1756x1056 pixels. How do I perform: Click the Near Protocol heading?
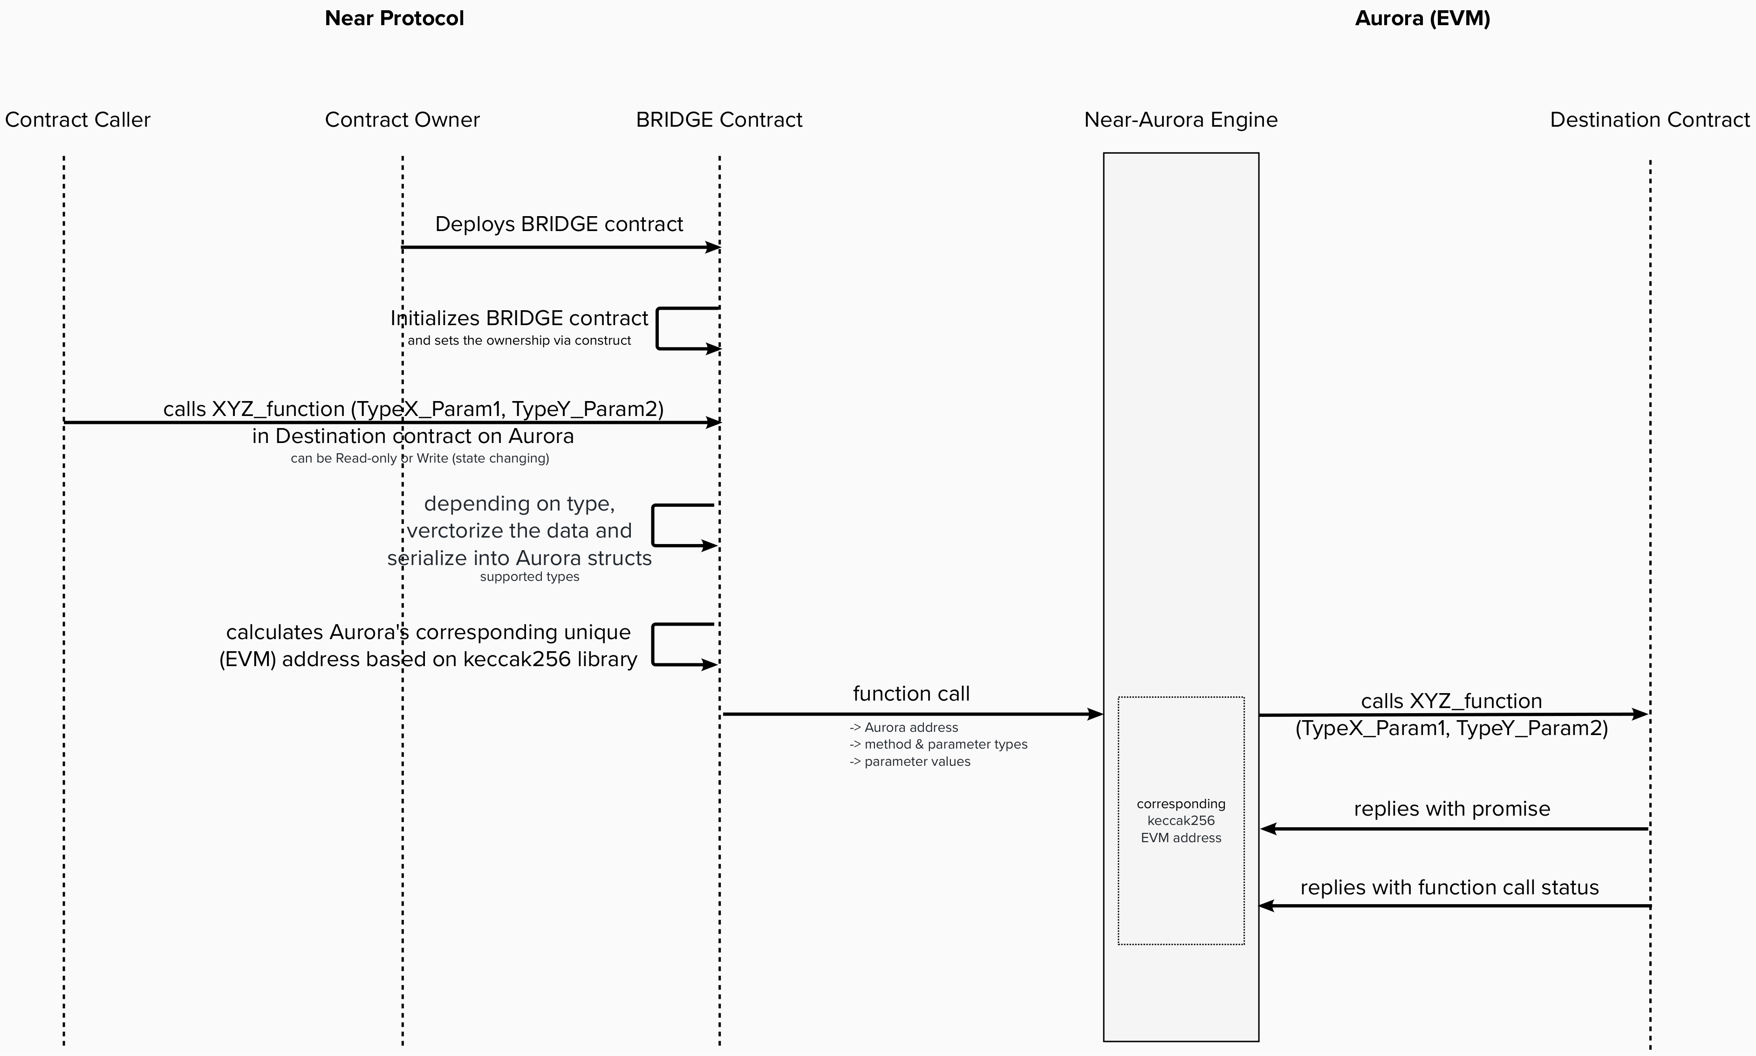[394, 19]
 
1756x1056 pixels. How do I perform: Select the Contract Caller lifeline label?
[77, 120]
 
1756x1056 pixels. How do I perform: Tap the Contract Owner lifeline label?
[402, 120]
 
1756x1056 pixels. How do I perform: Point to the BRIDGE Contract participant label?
[718, 120]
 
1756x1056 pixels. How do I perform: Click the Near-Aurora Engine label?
[1181, 120]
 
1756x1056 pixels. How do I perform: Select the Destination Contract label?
[1649, 120]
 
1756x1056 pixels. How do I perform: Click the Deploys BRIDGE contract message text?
[559, 224]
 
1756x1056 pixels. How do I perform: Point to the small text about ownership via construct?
[519, 341]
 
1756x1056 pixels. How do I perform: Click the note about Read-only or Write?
[420, 458]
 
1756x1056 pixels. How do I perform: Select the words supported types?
[529, 577]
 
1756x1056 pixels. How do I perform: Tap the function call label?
[911, 694]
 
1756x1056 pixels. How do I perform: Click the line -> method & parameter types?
[938, 744]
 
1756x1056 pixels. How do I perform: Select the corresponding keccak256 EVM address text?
[1181, 820]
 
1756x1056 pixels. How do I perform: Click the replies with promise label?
[1451, 809]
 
